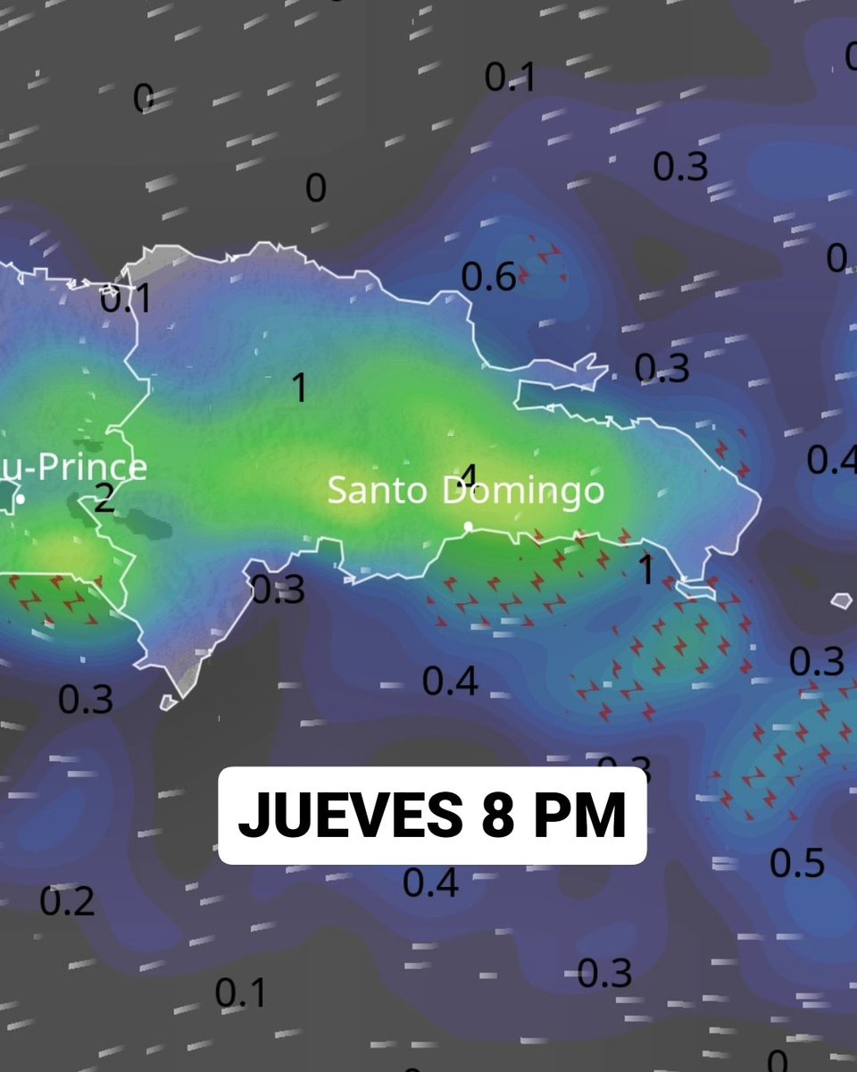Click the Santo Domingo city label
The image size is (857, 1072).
(x=465, y=490)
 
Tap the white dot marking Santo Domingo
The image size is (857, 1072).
(x=468, y=526)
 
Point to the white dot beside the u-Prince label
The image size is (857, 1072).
(x=20, y=498)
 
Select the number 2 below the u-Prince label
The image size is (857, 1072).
(x=104, y=498)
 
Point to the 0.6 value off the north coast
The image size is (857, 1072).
(x=488, y=277)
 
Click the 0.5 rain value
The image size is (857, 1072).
(x=796, y=863)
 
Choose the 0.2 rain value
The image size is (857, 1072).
(x=67, y=902)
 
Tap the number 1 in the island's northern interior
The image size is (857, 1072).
(x=300, y=388)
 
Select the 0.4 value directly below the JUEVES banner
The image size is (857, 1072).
(x=430, y=883)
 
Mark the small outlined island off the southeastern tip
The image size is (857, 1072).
(x=696, y=589)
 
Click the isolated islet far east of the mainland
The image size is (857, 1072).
(x=841, y=601)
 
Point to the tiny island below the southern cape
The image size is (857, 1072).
(x=169, y=702)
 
